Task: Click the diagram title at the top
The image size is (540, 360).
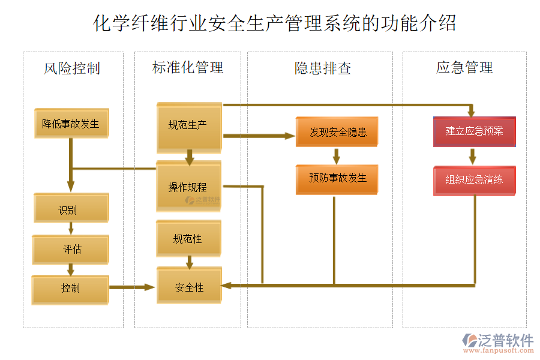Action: point(275,23)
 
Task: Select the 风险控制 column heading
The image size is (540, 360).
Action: point(72,68)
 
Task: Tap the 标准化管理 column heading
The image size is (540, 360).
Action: point(188,68)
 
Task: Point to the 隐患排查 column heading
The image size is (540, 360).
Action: point(322,68)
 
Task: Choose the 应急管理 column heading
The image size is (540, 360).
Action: point(464,68)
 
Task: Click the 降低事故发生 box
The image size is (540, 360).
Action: point(71,124)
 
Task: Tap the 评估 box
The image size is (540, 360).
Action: point(71,250)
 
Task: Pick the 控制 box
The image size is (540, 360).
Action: point(71,289)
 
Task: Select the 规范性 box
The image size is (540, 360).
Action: point(188,239)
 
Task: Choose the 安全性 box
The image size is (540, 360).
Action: point(190,287)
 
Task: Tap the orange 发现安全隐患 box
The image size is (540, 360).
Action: point(337,132)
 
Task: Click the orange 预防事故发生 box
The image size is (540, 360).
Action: point(337,179)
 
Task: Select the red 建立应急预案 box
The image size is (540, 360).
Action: point(475,131)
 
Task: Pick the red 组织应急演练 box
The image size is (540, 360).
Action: point(475,180)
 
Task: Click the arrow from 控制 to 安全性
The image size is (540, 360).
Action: point(132,287)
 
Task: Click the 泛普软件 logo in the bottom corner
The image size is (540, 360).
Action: point(497,343)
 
